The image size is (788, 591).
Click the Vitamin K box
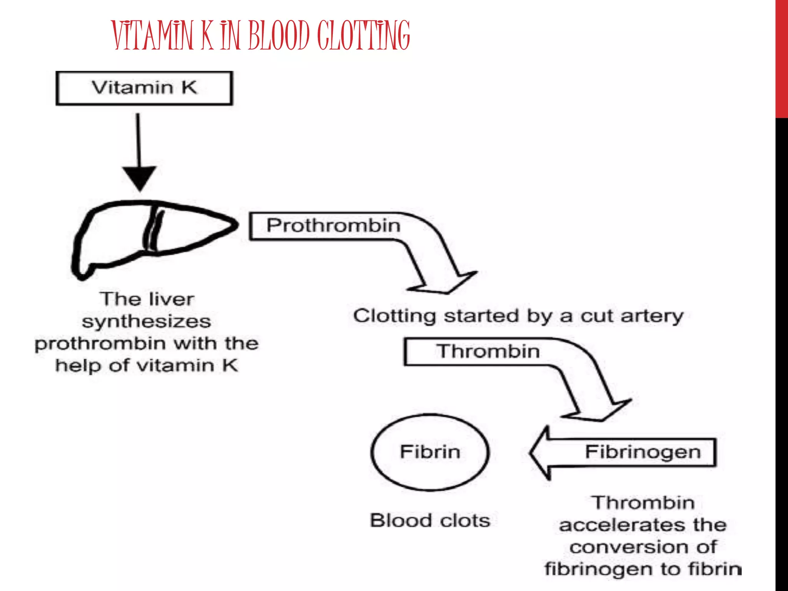pyautogui.click(x=144, y=88)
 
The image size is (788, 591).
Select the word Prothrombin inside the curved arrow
pyautogui.click(x=334, y=225)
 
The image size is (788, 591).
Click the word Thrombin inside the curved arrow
pyautogui.click(x=488, y=351)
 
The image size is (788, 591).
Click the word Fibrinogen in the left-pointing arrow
pyautogui.click(x=643, y=452)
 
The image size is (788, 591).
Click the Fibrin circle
pyautogui.click(x=430, y=452)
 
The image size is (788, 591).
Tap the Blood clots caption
pyautogui.click(x=430, y=521)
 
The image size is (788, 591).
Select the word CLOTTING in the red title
pyautogui.click(x=364, y=35)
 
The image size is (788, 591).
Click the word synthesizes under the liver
pyautogui.click(x=146, y=322)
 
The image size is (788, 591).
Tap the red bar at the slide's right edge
pyautogui.click(x=781, y=58)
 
